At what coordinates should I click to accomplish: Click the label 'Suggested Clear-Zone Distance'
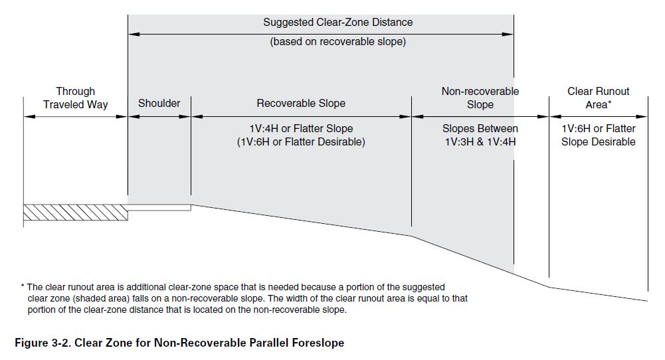coord(337,22)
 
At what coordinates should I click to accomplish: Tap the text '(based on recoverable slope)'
coord(337,42)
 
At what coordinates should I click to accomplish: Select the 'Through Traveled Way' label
coord(76,98)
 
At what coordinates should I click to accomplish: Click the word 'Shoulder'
coord(159,103)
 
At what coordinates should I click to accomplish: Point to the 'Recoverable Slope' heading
coord(301,103)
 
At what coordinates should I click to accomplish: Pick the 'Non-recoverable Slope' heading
coord(480,98)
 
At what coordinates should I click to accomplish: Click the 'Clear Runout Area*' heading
coord(598,98)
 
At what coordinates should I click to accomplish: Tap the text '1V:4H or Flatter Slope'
coord(301,128)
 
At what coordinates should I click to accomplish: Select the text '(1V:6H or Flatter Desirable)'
coord(301,141)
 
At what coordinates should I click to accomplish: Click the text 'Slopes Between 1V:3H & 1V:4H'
coord(480,135)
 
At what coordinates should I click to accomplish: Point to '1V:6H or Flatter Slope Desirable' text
coord(598,135)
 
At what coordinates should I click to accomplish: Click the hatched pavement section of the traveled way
coord(76,213)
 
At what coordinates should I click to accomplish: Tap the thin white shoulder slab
coord(159,207)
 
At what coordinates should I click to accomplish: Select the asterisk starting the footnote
coord(23,286)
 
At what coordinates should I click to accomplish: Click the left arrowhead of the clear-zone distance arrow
coord(134,34)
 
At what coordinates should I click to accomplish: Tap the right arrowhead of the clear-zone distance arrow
coord(508,34)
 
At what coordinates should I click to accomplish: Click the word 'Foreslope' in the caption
coord(318,343)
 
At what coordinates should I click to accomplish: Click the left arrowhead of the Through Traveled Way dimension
coord(29,117)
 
